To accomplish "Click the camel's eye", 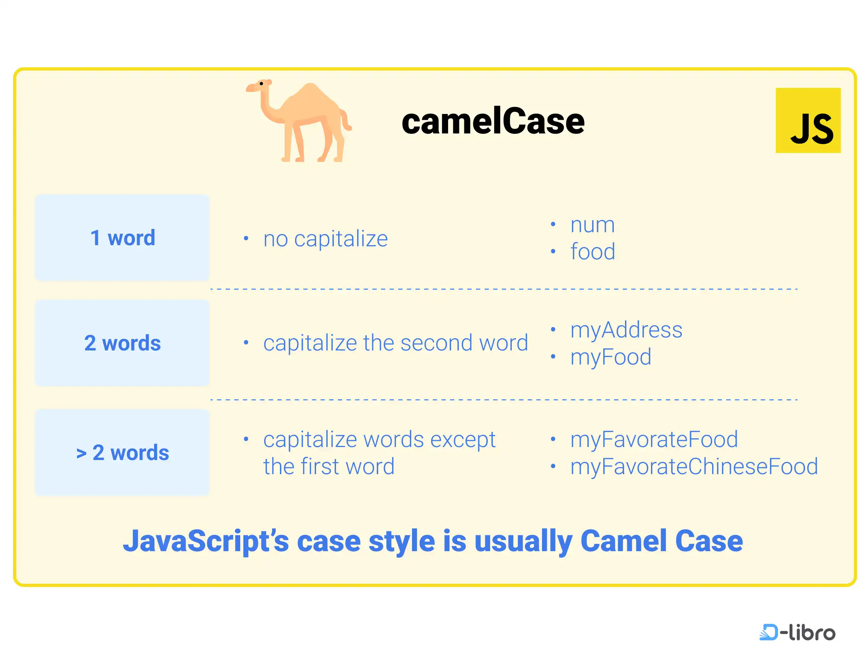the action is [261, 84].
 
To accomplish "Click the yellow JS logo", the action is [808, 120].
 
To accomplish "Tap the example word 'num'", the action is [592, 225].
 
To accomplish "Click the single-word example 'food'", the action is [592, 251].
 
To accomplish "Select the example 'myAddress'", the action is [626, 330].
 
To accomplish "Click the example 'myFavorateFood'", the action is [654, 439].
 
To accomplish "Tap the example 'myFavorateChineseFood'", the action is [694, 467].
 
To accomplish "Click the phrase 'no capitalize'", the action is [325, 239].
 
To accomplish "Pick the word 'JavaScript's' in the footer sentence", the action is [206, 541].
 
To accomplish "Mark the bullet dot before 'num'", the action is [553, 224].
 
